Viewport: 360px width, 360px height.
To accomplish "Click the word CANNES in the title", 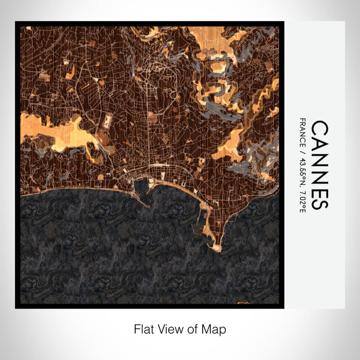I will (x=319, y=165).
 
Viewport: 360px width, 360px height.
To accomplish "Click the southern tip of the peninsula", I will (x=218, y=249).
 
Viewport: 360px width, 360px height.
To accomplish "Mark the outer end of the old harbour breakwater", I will (x=150, y=206).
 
